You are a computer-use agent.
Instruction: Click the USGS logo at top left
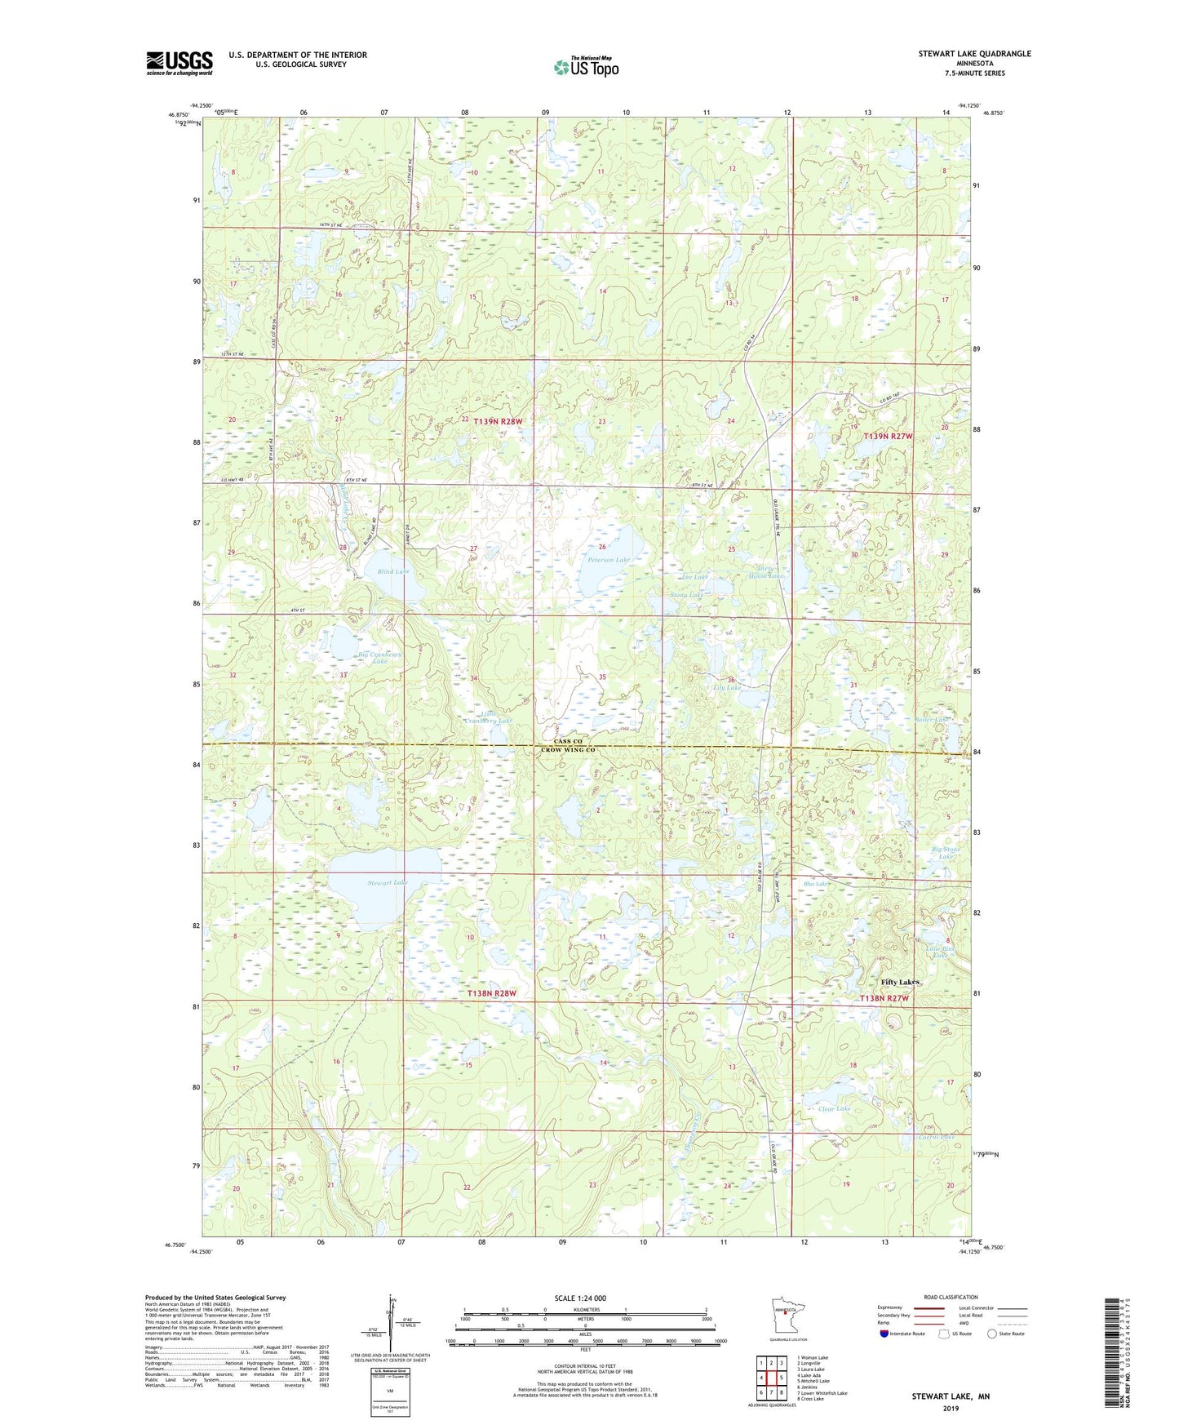point(180,62)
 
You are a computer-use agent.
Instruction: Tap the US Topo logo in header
point(586,67)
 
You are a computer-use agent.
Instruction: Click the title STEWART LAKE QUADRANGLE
point(974,54)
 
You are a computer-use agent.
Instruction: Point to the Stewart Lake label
point(388,883)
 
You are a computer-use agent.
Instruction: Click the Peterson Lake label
point(609,561)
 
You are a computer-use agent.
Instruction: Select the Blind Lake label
point(393,571)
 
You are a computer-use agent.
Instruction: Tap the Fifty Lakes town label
point(900,982)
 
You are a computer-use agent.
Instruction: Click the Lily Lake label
point(726,688)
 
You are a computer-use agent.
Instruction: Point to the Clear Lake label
point(834,1108)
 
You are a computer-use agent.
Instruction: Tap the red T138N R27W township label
point(884,998)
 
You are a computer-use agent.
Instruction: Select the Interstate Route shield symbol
point(886,1334)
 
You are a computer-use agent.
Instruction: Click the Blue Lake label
point(815,884)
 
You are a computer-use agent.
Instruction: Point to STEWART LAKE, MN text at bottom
point(951,1396)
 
